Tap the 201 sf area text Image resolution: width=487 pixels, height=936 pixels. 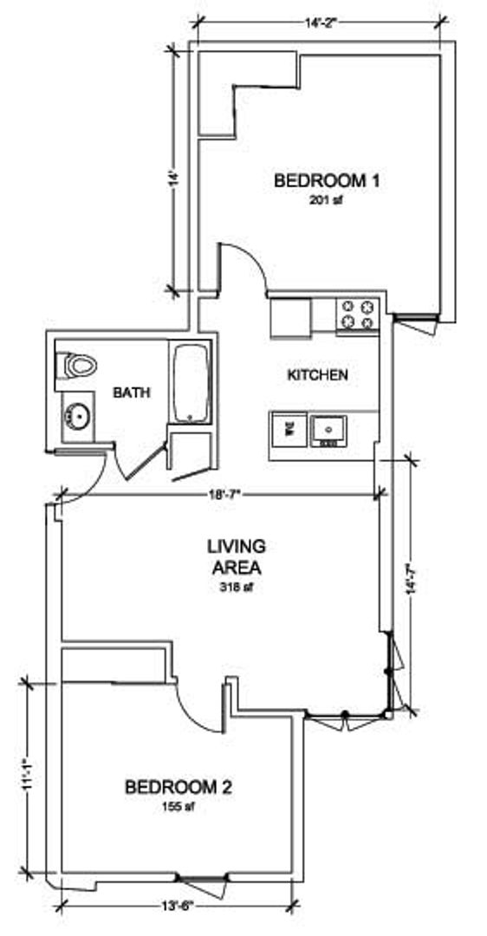(x=328, y=198)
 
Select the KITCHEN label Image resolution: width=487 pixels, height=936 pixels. (x=317, y=375)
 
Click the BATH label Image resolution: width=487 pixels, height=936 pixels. (x=132, y=393)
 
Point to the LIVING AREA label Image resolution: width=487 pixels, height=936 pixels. (x=235, y=556)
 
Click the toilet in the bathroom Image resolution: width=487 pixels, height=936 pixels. (x=75, y=366)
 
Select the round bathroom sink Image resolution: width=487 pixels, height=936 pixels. (x=75, y=419)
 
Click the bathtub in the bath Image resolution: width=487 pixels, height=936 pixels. (x=191, y=384)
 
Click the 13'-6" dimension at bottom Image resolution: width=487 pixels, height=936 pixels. (x=176, y=908)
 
